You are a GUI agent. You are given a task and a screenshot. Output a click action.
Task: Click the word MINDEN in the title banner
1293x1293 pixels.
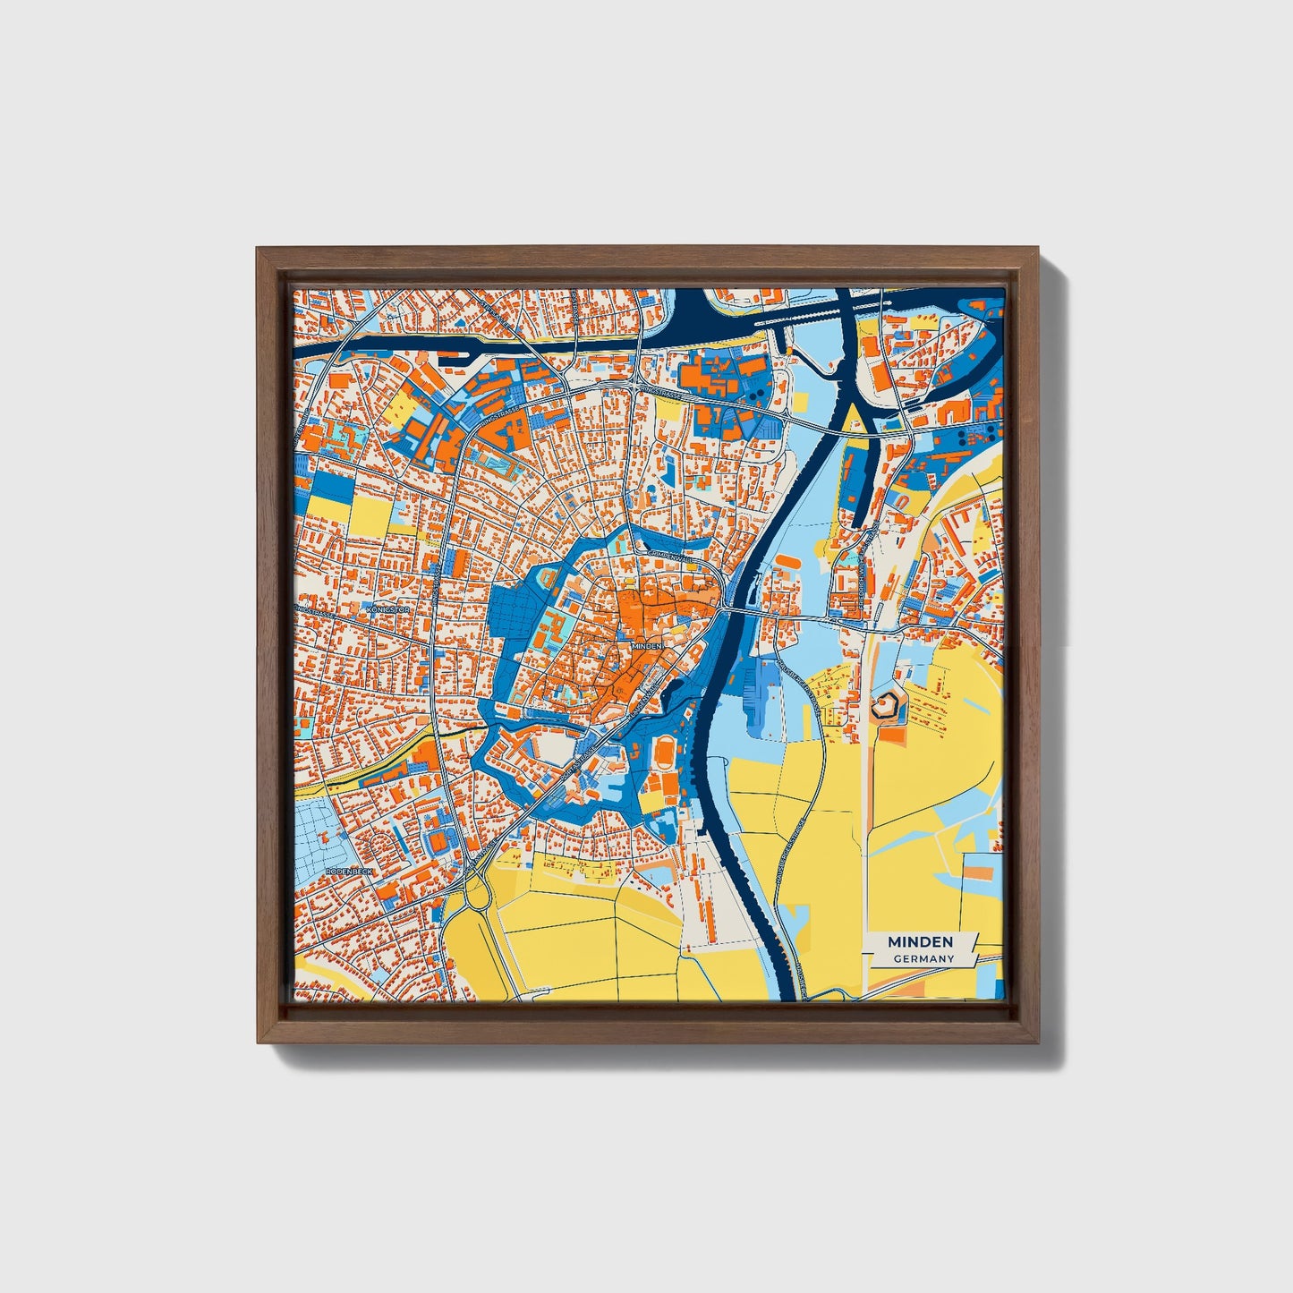[x=920, y=942]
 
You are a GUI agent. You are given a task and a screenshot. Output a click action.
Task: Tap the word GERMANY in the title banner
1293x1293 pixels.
[x=923, y=959]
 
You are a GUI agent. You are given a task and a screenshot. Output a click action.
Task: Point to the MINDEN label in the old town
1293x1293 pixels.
[x=647, y=644]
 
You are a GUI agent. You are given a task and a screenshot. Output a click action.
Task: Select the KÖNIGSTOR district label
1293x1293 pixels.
[x=388, y=609]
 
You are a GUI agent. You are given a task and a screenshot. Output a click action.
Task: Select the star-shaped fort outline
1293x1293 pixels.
[x=885, y=707]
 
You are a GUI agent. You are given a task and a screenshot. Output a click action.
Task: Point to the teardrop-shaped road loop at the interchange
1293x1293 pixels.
[x=464, y=896]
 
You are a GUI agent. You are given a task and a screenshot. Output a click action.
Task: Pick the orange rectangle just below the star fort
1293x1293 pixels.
[x=891, y=735]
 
